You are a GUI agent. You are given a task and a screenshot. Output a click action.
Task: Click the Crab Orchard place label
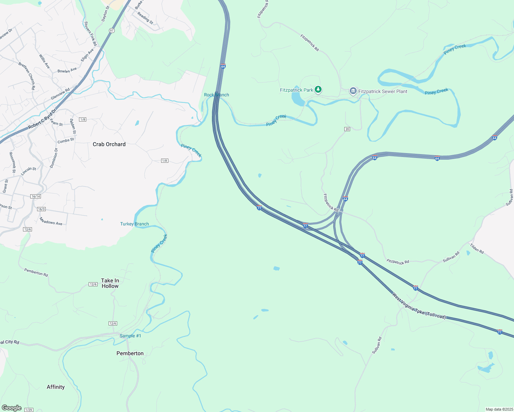[x=109, y=144]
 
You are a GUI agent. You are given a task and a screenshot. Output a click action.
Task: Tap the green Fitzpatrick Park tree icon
[x=318, y=90]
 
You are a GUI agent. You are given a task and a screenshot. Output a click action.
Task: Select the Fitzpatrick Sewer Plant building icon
[x=353, y=91]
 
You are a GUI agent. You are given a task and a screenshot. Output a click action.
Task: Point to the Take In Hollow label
[x=110, y=283]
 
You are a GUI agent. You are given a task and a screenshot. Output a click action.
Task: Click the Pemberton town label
[x=130, y=353]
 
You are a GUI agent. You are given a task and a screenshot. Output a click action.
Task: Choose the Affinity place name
[x=56, y=387]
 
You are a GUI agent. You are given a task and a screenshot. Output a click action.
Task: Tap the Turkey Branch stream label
[x=134, y=224]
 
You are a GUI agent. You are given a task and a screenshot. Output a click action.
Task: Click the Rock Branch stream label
[x=216, y=95]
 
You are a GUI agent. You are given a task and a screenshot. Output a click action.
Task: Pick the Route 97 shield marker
[x=112, y=31]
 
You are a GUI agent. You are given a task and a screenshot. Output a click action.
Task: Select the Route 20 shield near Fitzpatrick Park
[x=347, y=129]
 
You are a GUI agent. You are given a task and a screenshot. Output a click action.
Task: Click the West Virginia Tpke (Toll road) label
[x=419, y=307]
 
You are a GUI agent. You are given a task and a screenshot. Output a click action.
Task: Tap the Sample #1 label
[x=130, y=336]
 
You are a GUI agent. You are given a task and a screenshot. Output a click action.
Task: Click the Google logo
[x=12, y=408]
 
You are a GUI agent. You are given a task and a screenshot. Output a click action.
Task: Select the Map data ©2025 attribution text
[x=499, y=409]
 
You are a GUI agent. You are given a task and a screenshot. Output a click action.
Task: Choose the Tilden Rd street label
[x=477, y=249]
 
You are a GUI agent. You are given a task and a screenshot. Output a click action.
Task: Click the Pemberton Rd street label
[x=36, y=273]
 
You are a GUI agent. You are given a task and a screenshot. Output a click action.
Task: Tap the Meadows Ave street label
[x=51, y=221]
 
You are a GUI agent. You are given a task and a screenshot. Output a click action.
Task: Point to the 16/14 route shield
[x=35, y=196]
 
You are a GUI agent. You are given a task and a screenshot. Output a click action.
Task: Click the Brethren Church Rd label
[x=27, y=76]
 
